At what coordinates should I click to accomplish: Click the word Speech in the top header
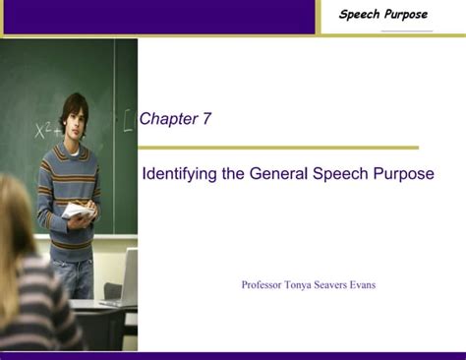(x=361, y=15)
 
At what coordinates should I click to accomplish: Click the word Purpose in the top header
(x=406, y=15)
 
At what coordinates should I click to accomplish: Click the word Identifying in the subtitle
(x=179, y=174)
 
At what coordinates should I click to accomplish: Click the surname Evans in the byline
(x=361, y=285)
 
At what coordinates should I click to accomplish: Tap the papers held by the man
(x=79, y=210)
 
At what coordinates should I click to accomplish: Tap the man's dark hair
(x=73, y=102)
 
